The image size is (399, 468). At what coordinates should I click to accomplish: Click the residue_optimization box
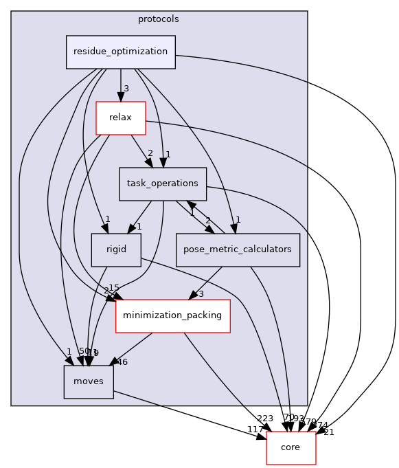[120, 52]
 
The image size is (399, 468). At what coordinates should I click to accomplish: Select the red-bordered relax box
[120, 118]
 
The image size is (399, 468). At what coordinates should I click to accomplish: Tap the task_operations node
[163, 184]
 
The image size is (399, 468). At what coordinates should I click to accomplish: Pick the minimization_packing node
[172, 316]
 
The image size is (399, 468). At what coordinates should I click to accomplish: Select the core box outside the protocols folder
[290, 448]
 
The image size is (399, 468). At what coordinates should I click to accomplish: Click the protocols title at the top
[159, 19]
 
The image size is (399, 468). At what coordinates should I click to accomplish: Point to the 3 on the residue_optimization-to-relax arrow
[126, 89]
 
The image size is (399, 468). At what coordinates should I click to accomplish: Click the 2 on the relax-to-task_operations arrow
[150, 153]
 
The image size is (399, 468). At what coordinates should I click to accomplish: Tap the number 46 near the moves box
[122, 361]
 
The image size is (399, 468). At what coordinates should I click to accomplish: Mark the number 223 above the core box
[264, 419]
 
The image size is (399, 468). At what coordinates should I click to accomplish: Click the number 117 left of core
[255, 430]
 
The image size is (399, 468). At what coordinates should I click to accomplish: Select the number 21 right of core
[328, 432]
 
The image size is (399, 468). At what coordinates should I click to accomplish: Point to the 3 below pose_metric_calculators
[201, 294]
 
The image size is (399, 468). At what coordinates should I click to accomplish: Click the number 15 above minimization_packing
[113, 287]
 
